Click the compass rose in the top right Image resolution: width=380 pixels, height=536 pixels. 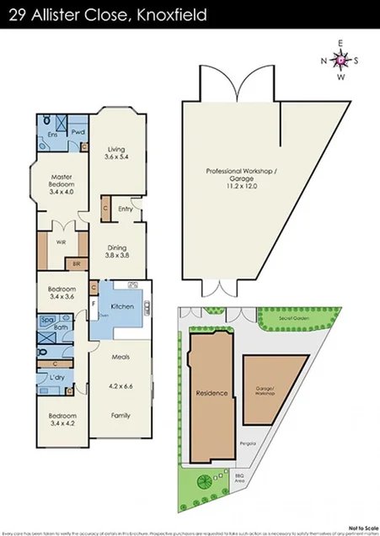pos(340,60)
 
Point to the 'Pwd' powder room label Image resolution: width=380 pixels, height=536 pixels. pos(77,132)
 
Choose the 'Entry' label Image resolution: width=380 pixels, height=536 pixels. pos(126,210)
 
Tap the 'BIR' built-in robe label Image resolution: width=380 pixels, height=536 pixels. pos(77,264)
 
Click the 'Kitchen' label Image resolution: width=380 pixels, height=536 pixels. pos(122,307)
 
